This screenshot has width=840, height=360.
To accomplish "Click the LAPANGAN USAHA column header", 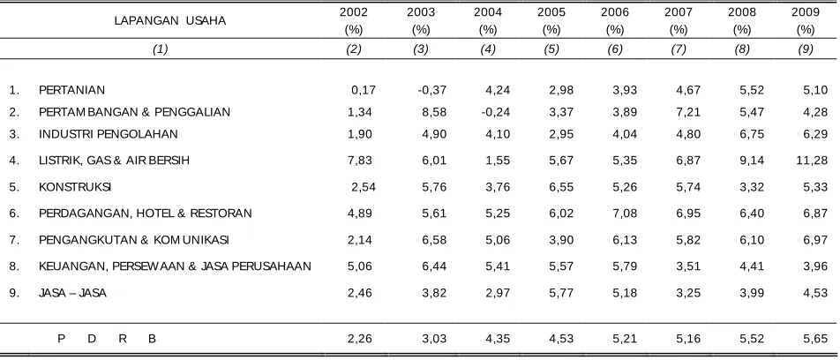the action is [x=169, y=21].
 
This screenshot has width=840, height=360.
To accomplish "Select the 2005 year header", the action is [x=551, y=12].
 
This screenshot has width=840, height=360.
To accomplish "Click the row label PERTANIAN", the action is [x=71, y=90].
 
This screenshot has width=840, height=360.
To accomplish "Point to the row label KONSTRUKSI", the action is [x=75, y=187].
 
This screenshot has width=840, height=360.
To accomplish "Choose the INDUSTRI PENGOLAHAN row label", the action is [x=109, y=134].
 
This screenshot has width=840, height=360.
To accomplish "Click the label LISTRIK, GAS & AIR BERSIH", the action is [x=114, y=161].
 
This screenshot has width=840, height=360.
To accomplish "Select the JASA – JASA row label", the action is [x=72, y=293].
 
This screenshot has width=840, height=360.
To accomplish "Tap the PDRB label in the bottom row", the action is [x=107, y=339].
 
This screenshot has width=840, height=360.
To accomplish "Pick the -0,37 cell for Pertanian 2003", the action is [x=432, y=90].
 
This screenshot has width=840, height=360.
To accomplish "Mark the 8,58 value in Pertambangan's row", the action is [x=434, y=112].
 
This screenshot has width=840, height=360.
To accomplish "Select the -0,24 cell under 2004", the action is [x=496, y=112].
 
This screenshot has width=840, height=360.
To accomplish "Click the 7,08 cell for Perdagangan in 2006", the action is [x=626, y=214].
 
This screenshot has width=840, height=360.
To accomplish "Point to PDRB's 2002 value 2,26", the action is [x=360, y=339].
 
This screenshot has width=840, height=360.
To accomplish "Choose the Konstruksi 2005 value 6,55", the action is [x=561, y=187].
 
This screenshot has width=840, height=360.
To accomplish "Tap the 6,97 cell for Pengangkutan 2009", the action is [x=815, y=239].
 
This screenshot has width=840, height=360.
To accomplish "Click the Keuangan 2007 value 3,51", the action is [x=688, y=266].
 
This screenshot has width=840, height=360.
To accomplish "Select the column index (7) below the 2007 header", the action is [x=679, y=49].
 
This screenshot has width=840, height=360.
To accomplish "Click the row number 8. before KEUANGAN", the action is [x=14, y=266].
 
